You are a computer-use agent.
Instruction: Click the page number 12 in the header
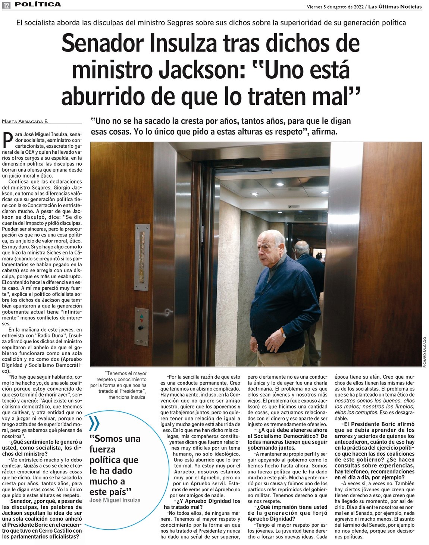tap(6, 5)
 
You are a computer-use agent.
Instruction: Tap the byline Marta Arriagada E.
tap(25, 121)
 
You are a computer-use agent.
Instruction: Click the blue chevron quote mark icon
tap(95, 424)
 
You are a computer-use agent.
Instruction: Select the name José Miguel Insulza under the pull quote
tap(115, 500)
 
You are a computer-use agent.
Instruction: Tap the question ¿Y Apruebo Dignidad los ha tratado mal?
tap(202, 504)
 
